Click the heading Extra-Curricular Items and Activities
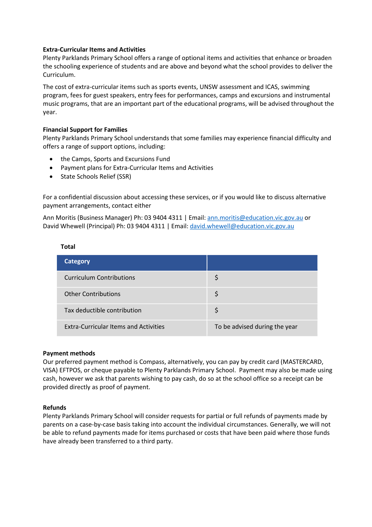point(94,49)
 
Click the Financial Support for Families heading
point(85,130)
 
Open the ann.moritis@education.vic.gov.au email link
point(255,218)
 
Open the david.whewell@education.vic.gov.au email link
point(242,226)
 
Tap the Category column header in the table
point(77,261)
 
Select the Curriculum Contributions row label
point(99,278)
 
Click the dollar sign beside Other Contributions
point(216,294)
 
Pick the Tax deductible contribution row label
point(103,310)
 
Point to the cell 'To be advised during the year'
point(256,327)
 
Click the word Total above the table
point(68,247)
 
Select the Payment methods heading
point(69,353)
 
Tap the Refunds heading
point(54,407)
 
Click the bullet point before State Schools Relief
point(51,177)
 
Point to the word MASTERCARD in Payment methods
point(302,362)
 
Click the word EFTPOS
point(70,370)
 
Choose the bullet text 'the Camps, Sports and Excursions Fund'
point(115,159)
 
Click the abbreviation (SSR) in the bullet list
point(124,177)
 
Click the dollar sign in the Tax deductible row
point(216,310)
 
